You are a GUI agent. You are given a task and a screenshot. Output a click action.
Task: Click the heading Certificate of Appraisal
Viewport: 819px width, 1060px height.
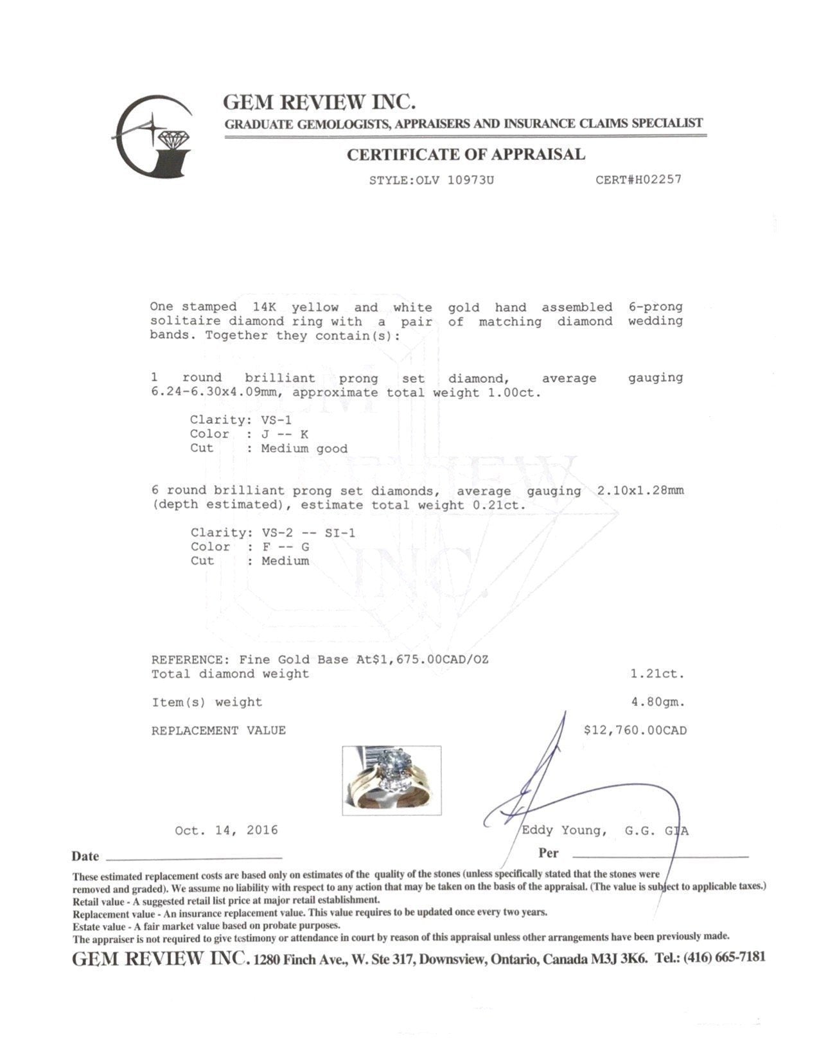click(x=466, y=154)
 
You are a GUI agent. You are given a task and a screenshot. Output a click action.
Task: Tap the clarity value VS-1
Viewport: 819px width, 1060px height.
click(x=277, y=420)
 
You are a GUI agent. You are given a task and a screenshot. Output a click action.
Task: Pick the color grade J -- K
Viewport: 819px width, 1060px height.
click(x=285, y=434)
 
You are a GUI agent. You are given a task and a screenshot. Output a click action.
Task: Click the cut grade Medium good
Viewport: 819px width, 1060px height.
click(x=304, y=448)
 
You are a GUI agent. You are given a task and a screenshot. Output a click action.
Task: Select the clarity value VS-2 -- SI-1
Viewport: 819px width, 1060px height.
click(x=308, y=533)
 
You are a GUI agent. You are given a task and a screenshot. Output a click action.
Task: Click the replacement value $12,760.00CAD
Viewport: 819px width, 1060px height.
click(x=635, y=730)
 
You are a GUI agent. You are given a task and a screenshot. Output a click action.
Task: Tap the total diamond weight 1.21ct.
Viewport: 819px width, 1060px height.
click(x=658, y=674)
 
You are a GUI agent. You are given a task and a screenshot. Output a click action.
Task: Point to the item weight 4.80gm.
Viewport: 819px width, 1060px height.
click(x=658, y=702)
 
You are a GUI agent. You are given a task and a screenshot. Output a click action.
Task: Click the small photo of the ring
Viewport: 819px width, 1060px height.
click(x=391, y=780)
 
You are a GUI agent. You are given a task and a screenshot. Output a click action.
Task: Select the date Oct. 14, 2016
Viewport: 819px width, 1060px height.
click(x=226, y=831)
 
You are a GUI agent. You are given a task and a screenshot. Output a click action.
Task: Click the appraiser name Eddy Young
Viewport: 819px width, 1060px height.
click(x=563, y=831)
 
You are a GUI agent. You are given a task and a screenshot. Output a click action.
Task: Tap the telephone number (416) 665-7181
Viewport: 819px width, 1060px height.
click(x=724, y=957)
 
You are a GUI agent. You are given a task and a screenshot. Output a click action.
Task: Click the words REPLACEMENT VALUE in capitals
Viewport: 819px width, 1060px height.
click(x=218, y=730)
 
